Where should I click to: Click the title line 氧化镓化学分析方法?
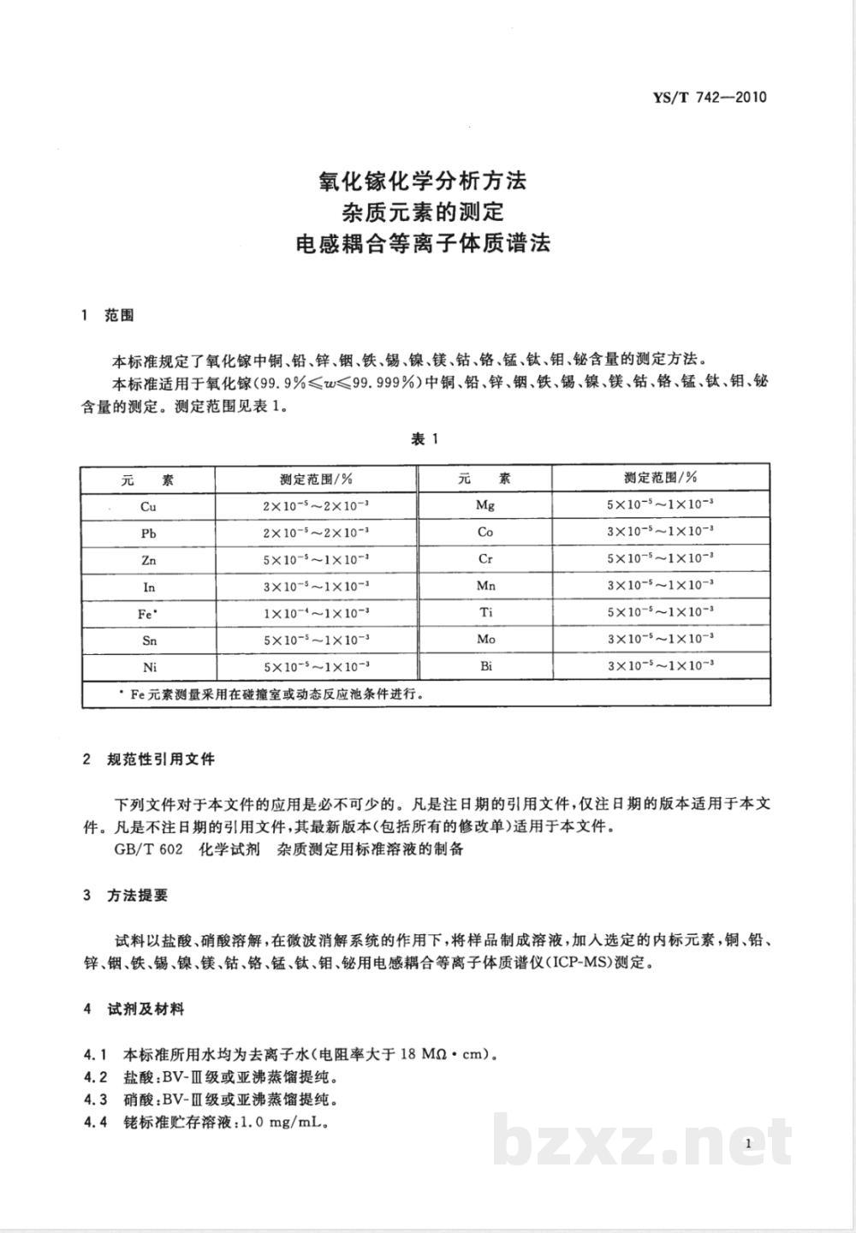(422, 181)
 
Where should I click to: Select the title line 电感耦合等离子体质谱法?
(422, 243)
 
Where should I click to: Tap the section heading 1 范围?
(108, 316)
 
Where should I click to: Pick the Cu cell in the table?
(148, 506)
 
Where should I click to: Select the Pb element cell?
(148, 533)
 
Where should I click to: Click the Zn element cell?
(148, 560)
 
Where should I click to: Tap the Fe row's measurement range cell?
(316, 613)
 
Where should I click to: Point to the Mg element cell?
(485, 505)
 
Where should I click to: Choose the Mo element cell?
(485, 640)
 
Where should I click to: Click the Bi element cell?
(485, 666)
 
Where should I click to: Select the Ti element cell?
(485, 613)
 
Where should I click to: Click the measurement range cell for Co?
(660, 532)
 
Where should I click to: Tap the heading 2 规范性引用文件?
(148, 759)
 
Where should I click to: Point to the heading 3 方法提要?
(126, 896)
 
